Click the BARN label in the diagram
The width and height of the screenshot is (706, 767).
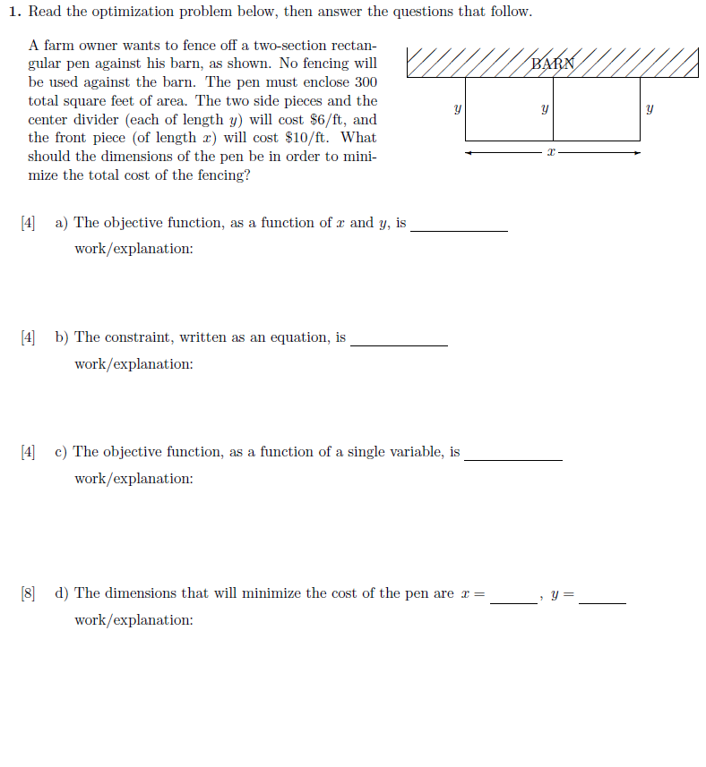coord(551,64)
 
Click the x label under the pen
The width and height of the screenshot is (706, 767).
coord(552,154)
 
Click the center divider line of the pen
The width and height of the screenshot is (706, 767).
coord(553,109)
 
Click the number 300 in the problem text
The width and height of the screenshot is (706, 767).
coord(364,81)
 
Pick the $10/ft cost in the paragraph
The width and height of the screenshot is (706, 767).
coord(311,137)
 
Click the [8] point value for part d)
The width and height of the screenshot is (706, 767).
coord(28,593)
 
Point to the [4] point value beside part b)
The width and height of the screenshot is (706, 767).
coord(28,337)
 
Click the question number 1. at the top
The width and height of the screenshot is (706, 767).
coord(15,13)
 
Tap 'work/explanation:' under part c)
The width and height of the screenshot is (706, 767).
coord(133,479)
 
